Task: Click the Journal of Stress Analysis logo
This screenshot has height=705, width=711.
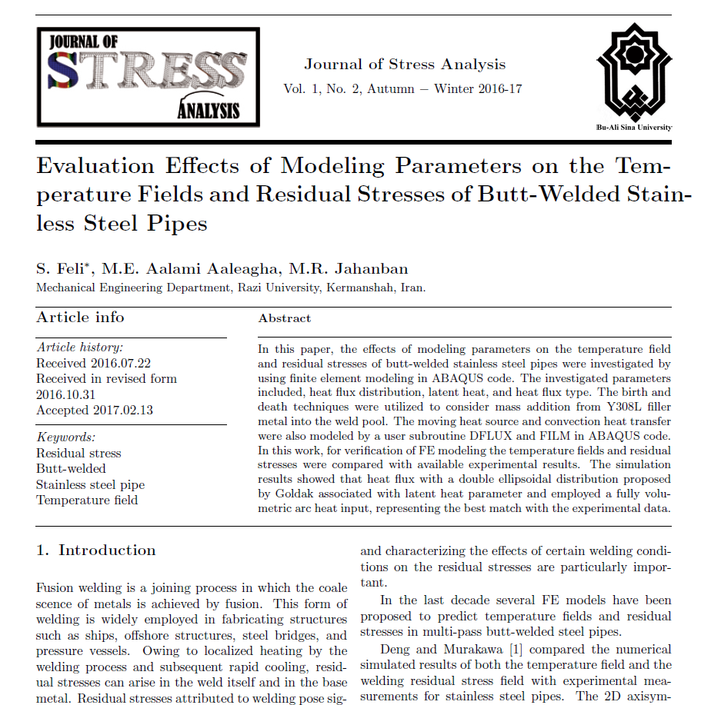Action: pos(148,76)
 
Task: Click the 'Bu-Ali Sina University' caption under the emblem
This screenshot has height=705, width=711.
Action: pos(635,127)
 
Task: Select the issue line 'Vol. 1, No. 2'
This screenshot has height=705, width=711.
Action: pos(322,88)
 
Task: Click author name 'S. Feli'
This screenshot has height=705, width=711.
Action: pos(62,268)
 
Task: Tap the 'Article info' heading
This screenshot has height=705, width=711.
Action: pos(80,318)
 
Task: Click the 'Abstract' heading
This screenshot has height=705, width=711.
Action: pos(285,318)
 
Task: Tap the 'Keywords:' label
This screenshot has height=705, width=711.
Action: pos(65,437)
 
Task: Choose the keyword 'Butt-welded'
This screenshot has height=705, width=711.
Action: pos(71,469)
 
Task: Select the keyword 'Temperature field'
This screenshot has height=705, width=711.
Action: pos(87,500)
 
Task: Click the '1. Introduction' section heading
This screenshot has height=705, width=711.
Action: pos(96,550)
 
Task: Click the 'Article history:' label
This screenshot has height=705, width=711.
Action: pos(79,348)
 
